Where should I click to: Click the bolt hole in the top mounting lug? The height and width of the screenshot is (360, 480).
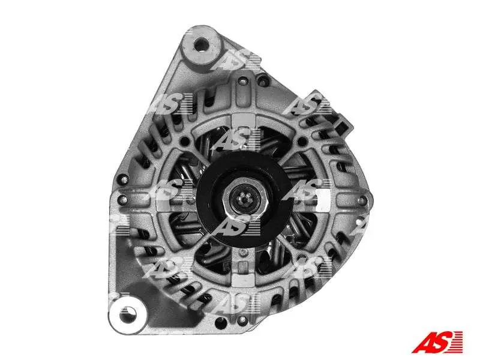pos(201,46)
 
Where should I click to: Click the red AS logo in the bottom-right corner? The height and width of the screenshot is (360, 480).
pos(437,341)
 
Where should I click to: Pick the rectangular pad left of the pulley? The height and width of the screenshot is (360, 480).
pos(165,200)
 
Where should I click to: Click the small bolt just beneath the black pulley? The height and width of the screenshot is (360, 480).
pos(243,252)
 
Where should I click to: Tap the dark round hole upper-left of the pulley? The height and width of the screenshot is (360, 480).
pos(185,142)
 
